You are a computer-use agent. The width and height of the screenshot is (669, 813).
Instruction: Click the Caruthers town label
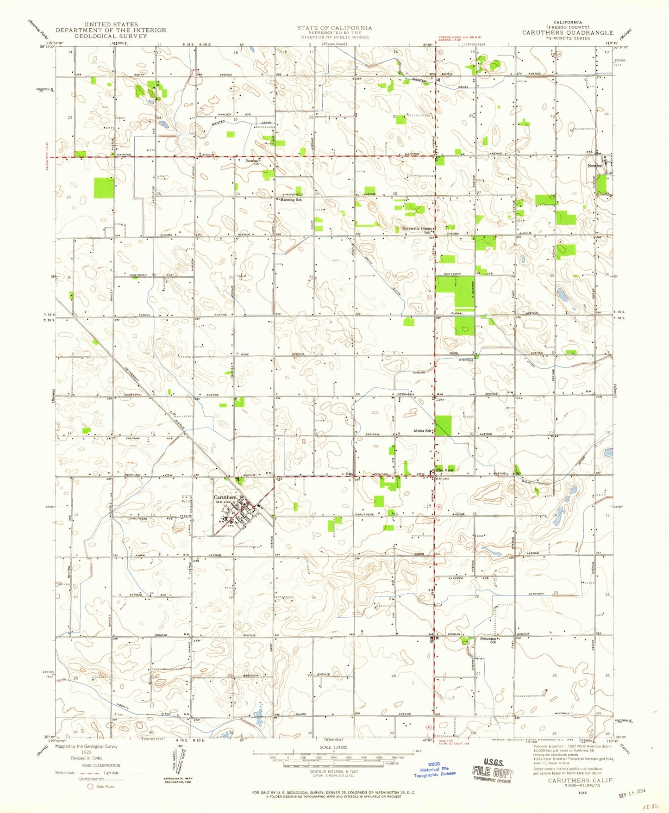[225, 497]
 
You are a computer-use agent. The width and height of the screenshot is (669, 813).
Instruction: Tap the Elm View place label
[444, 470]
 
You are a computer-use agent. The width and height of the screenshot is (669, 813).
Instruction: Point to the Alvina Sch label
[423, 431]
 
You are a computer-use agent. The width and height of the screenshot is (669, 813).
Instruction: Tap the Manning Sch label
[291, 200]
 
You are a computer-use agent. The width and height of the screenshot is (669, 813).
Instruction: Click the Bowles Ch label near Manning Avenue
[252, 162]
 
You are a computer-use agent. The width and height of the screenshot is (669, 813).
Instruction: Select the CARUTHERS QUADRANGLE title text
[568, 33]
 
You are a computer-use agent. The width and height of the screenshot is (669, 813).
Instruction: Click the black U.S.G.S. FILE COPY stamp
[492, 773]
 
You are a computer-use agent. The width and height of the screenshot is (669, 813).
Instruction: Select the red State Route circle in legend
[90, 786]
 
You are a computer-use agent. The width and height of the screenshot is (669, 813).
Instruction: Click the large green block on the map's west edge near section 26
[104, 187]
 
